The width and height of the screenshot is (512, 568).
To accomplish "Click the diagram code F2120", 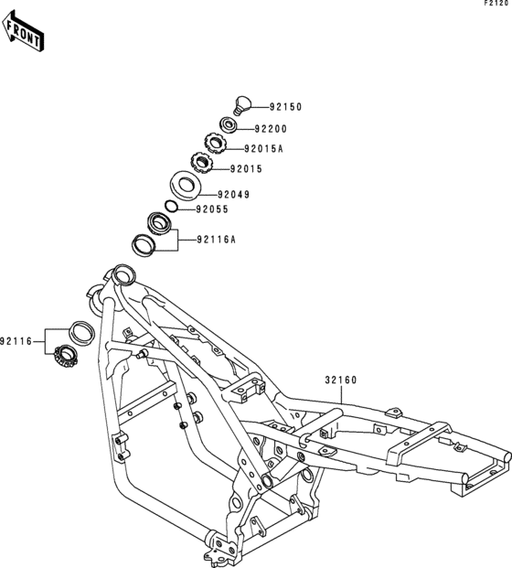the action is pyautogui.click(x=496, y=4).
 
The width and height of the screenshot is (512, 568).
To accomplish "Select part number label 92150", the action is pyautogui.click(x=285, y=107).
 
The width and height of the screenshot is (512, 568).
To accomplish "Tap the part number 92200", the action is pyautogui.click(x=271, y=129).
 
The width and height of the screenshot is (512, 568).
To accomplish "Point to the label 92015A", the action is pyautogui.click(x=263, y=149).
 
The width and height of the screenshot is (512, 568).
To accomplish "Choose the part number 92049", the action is pyautogui.click(x=233, y=195).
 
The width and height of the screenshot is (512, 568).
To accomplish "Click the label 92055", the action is pyautogui.click(x=212, y=209).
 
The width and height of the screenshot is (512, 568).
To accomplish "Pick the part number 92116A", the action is pyautogui.click(x=217, y=240).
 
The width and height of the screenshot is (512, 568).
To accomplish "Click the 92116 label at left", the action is pyautogui.click(x=16, y=341).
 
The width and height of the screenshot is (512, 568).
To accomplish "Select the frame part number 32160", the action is pyautogui.click(x=341, y=380).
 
